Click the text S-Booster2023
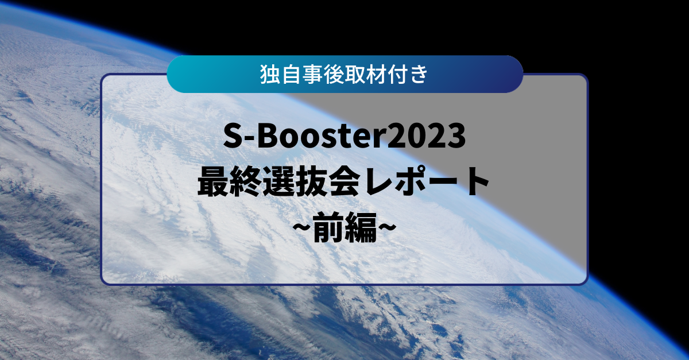point(344,136)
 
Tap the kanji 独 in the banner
point(270,75)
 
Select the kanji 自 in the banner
point(291,75)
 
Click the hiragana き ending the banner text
point(418,75)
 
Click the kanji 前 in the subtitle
point(328,228)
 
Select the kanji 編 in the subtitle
point(361,228)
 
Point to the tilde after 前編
point(386,228)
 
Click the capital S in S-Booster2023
point(234,136)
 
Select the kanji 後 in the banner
point(334,75)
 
